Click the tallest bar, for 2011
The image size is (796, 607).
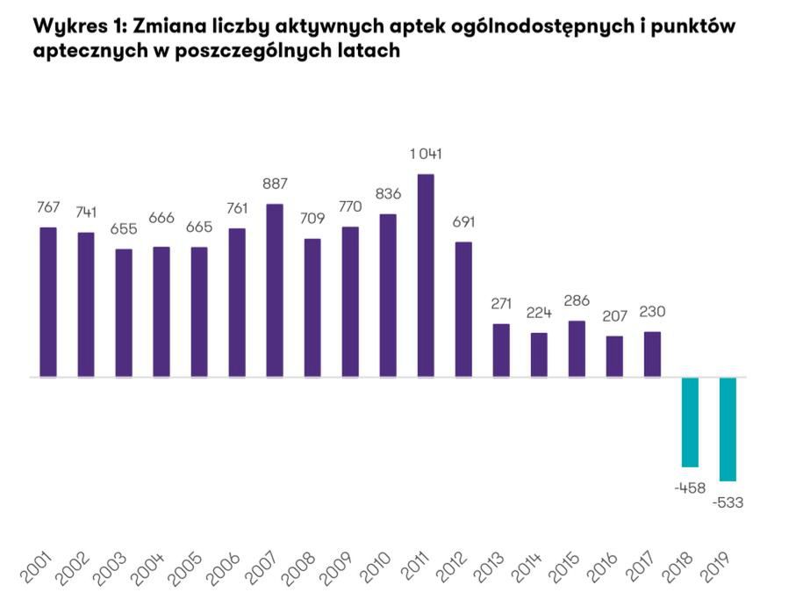[x=426, y=276]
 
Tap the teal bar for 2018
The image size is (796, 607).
[x=690, y=422]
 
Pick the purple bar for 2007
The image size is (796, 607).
[x=275, y=291]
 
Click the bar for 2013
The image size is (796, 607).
[x=501, y=350]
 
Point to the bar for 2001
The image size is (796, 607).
[x=48, y=302]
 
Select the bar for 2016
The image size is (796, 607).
[x=614, y=357]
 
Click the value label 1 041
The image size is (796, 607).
[x=426, y=155]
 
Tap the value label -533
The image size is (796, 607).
[x=728, y=502]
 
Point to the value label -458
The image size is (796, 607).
[x=690, y=488]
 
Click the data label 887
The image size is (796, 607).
[x=275, y=184]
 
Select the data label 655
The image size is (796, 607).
[x=124, y=228]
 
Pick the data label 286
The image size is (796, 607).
[x=577, y=300]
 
